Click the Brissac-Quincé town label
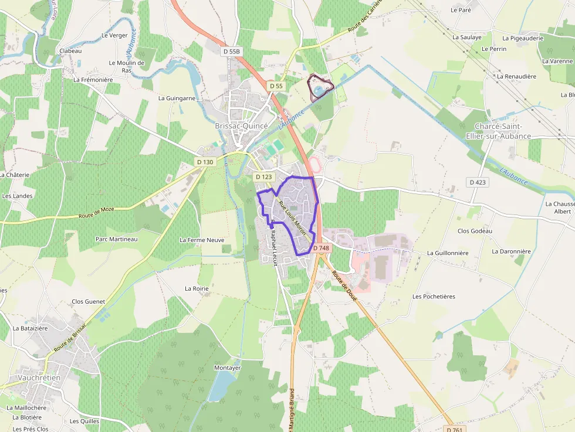tap(241, 126)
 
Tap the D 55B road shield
tap(232, 52)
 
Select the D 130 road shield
tap(205, 162)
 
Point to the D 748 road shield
tap(321, 248)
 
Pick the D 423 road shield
tap(478, 182)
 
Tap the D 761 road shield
tap(454, 429)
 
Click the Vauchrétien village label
tap(39, 378)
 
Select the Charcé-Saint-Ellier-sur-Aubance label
tap(502, 132)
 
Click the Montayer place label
tap(228, 368)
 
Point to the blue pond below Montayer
tap(221, 386)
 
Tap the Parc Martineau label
tap(116, 239)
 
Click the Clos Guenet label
tap(88, 301)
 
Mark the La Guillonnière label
tap(448, 253)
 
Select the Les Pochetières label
tap(434, 297)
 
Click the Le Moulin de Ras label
tap(126, 66)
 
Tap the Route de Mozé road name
tap(95, 215)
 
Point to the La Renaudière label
tap(516, 76)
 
